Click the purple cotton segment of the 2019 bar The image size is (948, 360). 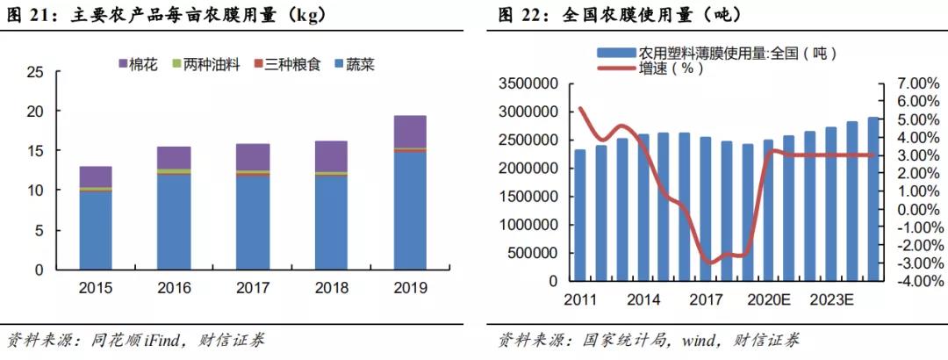click(410, 131)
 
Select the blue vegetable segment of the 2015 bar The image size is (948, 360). click(96, 230)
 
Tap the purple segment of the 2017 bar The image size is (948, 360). click(253, 156)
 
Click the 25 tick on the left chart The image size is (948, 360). click(35, 72)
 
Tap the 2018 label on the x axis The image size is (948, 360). click(331, 288)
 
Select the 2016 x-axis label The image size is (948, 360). click(174, 288)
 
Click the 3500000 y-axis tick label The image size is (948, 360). click(529, 83)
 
